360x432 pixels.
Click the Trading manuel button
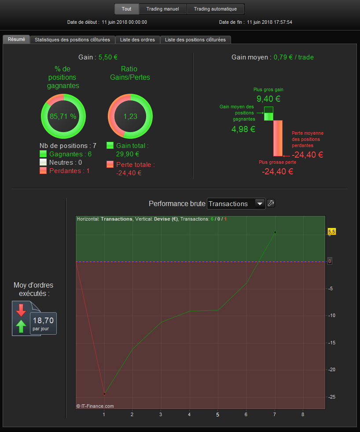[163, 9]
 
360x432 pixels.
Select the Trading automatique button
[215, 9]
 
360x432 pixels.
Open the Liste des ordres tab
[137, 40]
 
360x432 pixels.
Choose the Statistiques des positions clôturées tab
[73, 40]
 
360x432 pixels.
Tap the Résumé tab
[17, 39]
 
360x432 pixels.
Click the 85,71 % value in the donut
[63, 116]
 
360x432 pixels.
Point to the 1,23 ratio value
[130, 116]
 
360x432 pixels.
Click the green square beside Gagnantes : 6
[43, 154]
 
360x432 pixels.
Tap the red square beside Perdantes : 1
[43, 170]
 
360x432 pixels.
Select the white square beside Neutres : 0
[43, 162]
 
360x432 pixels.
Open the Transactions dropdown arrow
[260, 203]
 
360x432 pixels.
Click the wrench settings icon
[271, 203]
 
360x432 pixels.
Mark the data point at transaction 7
[275, 233]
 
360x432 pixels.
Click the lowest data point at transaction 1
[104, 394]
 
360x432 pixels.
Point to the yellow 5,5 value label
[332, 232]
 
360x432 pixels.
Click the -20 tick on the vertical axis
[332, 370]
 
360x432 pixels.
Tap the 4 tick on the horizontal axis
[189, 414]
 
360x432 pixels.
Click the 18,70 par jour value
[43, 323]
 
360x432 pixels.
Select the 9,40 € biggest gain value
[268, 99]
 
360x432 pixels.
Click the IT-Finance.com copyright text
[95, 406]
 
